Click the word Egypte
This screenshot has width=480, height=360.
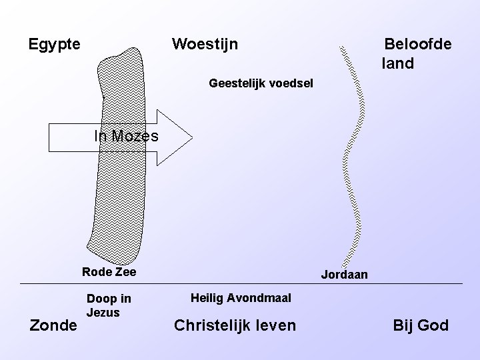coord(55,45)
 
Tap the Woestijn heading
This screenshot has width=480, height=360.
coord(205,45)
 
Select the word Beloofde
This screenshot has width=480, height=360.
coord(417,45)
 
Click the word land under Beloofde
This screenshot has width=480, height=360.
coord(398,64)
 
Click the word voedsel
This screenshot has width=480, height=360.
coord(289,85)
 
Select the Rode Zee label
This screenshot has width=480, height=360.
coord(109,272)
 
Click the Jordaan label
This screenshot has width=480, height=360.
coord(344,275)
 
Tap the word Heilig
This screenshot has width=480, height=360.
coord(207,298)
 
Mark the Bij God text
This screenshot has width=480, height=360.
coord(421,325)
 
